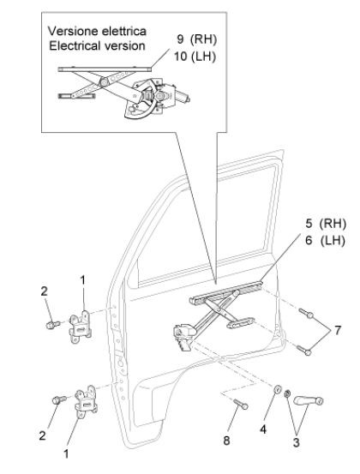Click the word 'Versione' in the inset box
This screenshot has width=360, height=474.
(73, 31)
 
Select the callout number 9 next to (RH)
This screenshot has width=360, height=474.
(180, 39)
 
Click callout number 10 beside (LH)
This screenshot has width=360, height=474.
(180, 57)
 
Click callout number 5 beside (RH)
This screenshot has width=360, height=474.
(309, 224)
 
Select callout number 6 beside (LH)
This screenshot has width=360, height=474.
(309, 241)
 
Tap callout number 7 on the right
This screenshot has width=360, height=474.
(338, 330)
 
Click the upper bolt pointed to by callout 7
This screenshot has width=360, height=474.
(306, 313)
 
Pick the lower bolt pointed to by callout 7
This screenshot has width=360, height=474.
(303, 350)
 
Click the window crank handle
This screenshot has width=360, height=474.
(308, 400)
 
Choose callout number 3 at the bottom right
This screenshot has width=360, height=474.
(297, 442)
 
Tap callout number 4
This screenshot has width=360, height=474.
(263, 429)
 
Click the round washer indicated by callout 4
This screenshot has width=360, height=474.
(278, 389)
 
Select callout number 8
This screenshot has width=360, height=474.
(226, 441)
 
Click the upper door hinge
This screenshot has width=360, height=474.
(80, 327)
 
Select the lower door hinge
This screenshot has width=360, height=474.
(86, 401)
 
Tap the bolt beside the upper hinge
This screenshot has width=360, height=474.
(53, 325)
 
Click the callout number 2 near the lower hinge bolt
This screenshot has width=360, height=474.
(42, 435)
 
